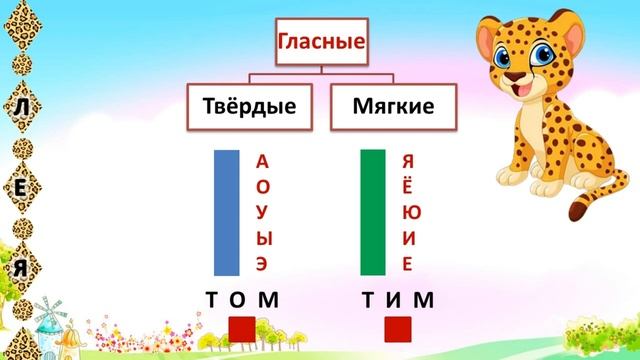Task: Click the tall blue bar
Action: tap(227, 211)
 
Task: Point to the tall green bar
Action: tap(372, 211)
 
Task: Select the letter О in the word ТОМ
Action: tap(238, 299)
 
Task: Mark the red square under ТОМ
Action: tap(241, 329)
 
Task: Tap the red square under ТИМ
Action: tap(398, 329)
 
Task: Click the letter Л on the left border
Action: tap(21, 106)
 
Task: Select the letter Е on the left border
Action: tap(21, 187)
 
